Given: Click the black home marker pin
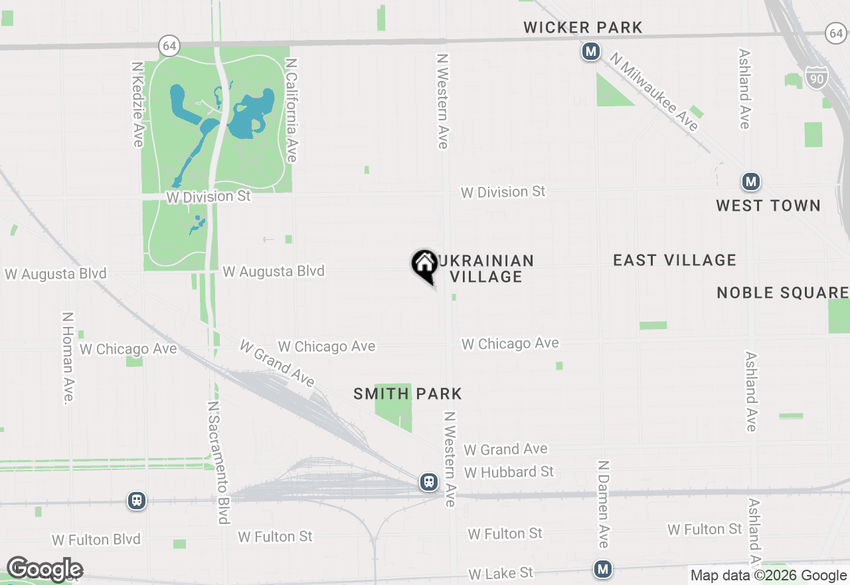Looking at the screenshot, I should (x=424, y=265).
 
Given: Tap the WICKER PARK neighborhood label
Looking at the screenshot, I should (x=582, y=27).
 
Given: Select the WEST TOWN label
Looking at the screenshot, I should (x=768, y=205).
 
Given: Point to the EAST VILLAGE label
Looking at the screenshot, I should (x=674, y=260).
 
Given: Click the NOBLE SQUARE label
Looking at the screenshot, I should (x=782, y=292).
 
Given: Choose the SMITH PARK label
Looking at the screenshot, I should (x=407, y=394).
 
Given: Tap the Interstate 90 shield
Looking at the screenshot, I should (x=817, y=78).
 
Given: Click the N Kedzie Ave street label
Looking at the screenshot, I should (x=137, y=104).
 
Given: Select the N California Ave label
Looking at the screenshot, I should (x=291, y=110).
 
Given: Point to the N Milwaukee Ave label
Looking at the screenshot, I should (x=654, y=92).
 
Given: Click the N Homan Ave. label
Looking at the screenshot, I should (x=68, y=358).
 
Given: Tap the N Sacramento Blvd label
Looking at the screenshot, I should (x=218, y=462).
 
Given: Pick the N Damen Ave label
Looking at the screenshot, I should (x=602, y=504).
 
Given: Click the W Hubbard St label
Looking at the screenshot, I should (x=509, y=472).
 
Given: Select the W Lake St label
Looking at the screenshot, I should (x=500, y=573).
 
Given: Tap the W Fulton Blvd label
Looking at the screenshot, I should (x=96, y=539).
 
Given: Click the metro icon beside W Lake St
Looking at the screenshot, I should (x=603, y=569).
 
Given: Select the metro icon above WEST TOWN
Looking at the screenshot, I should (x=750, y=181).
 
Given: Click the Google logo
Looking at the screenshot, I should (x=44, y=569).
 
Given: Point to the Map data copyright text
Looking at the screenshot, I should (x=768, y=576).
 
